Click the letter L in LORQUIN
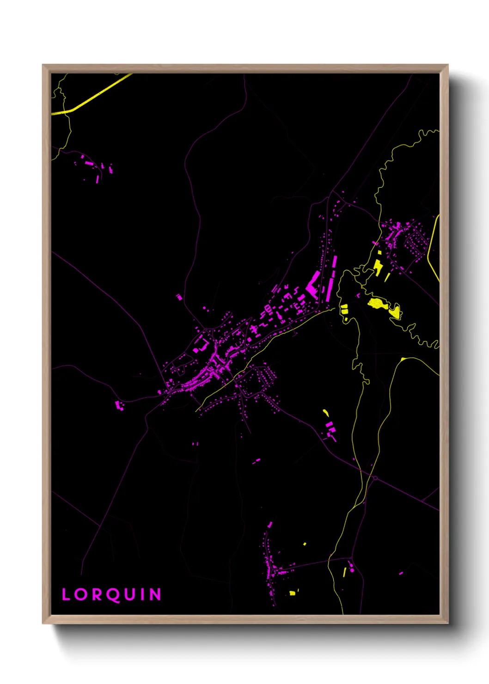click(66, 594)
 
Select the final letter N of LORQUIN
click(156, 594)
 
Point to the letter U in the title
click(129, 594)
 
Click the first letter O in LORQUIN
click(80, 594)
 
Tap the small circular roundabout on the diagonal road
click(375, 478)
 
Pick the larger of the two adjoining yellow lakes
click(377, 303)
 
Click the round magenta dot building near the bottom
click(352, 570)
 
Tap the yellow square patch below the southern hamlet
click(292, 592)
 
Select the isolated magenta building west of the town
click(119, 405)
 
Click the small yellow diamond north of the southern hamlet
click(305, 544)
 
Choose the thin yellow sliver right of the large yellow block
click(388, 276)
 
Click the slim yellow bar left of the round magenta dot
click(345, 572)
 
